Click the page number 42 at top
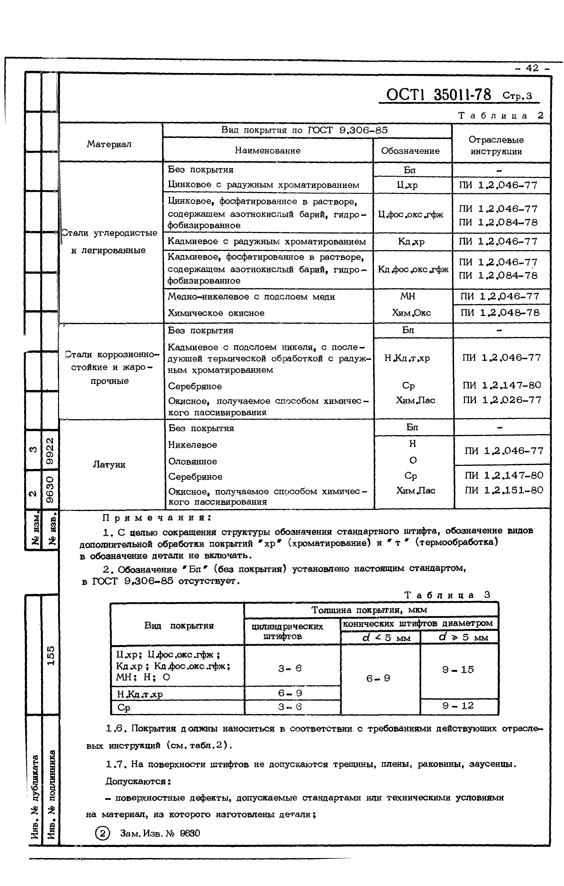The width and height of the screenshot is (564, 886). [x=532, y=68]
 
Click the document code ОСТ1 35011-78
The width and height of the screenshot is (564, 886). [x=439, y=95]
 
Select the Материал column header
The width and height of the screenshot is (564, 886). [x=109, y=144]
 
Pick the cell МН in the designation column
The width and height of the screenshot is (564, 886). [x=408, y=296]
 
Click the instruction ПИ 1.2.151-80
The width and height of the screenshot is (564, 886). [x=504, y=490]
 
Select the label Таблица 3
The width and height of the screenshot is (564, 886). [x=447, y=595]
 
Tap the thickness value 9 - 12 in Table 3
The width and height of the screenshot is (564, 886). [x=458, y=705]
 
